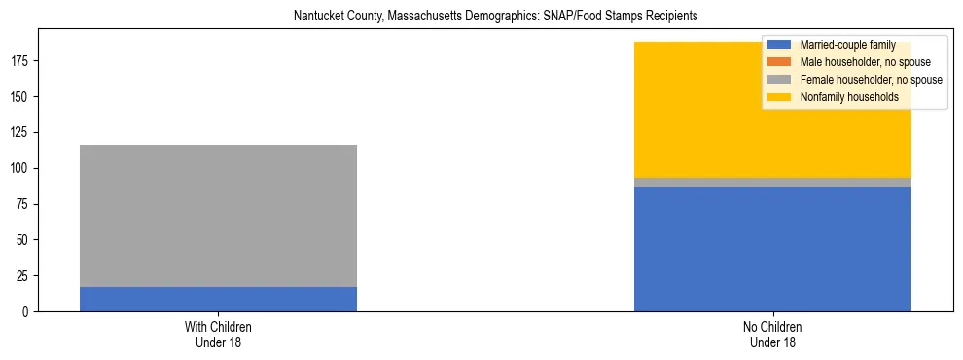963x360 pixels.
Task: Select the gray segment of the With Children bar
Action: (218, 216)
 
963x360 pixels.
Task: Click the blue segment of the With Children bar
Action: (218, 299)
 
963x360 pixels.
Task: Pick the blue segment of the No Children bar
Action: (772, 248)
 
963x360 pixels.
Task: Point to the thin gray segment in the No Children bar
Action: (772, 182)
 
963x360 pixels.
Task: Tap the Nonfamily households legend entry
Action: (849, 97)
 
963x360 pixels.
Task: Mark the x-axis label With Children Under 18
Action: (218, 334)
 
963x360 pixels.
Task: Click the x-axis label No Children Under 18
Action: (772, 334)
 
